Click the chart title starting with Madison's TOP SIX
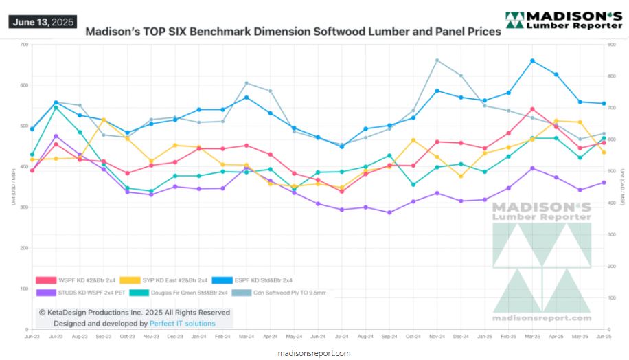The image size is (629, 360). click(x=293, y=32)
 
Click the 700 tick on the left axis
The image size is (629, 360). click(x=24, y=45)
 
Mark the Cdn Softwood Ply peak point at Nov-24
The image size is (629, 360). click(x=437, y=60)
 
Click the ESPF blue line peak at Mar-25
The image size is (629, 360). click(x=533, y=61)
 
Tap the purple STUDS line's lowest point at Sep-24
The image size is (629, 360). click(x=389, y=212)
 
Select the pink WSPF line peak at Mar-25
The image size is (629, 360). click(x=533, y=109)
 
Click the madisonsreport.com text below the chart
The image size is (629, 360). click(x=315, y=353)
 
